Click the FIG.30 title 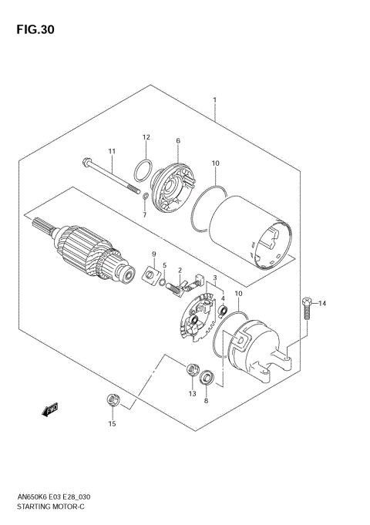click(x=33, y=30)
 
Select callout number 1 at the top click(x=214, y=100)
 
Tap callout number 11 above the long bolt click(x=111, y=150)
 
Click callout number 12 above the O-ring click(x=145, y=137)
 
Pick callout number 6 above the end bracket click(x=177, y=141)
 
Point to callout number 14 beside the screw click(x=323, y=304)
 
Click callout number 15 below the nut click(x=112, y=424)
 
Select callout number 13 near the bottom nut click(x=192, y=393)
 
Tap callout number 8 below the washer click(x=206, y=401)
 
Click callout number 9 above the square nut click(x=153, y=254)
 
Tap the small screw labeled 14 click(x=307, y=308)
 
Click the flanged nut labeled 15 click(x=112, y=400)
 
